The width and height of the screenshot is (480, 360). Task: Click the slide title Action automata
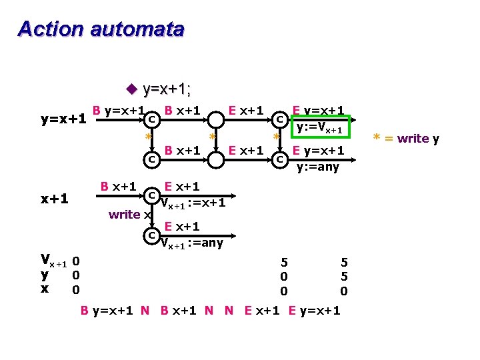(101, 29)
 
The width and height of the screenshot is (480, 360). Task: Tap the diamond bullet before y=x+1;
(131, 88)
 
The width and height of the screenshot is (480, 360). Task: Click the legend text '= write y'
(413, 139)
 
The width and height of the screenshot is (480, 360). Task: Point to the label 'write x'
(127, 214)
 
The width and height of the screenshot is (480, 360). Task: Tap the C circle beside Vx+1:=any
(152, 235)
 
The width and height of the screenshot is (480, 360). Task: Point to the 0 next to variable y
(76, 275)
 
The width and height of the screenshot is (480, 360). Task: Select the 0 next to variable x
(76, 289)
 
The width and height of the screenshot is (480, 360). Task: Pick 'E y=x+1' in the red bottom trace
(313, 311)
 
